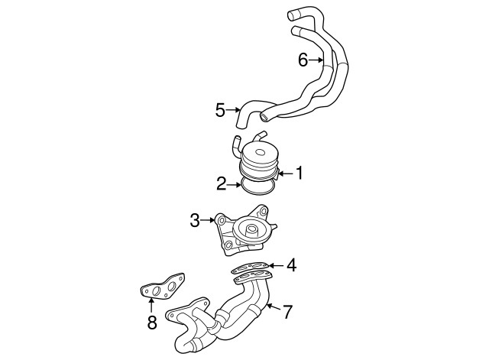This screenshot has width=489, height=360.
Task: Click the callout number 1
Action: [x=300, y=174]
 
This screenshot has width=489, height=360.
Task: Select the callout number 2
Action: [x=220, y=183]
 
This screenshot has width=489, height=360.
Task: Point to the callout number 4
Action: [x=291, y=266]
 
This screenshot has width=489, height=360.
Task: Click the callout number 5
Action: [x=220, y=110]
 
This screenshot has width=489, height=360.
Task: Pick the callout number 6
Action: [x=303, y=60]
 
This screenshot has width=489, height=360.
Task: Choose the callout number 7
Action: [x=287, y=311]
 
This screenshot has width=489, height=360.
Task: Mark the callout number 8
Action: [x=151, y=323]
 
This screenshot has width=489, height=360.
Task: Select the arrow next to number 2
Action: [x=235, y=183]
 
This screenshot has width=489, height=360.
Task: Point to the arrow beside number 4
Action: [x=276, y=266]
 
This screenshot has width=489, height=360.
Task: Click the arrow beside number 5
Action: [x=235, y=110]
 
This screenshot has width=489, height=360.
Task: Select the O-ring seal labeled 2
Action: [x=257, y=186]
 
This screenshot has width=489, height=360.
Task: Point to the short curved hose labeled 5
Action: [x=251, y=113]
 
